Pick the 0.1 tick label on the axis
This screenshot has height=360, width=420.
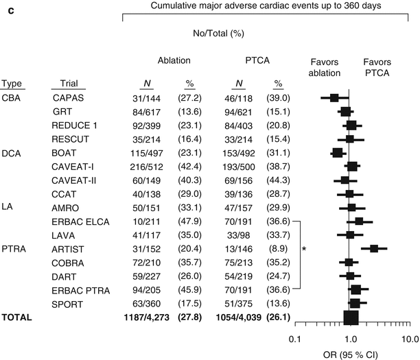point(295,339)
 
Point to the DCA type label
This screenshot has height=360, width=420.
point(12,153)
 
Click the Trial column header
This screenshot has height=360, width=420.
point(64,84)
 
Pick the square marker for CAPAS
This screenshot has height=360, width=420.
point(334,98)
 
